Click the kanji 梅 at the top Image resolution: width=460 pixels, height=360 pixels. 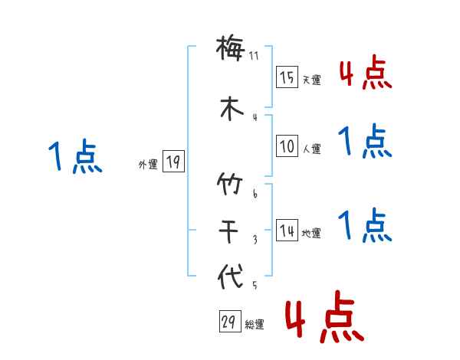point(230,51)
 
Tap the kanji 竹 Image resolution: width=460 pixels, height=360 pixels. point(230,186)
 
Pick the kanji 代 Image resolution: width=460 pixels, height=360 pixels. point(230,277)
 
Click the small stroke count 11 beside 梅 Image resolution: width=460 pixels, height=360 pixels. point(255,57)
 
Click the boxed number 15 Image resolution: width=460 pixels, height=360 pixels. point(287,77)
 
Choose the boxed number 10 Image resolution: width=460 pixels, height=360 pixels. point(287,146)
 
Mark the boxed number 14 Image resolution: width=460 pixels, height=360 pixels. point(287,231)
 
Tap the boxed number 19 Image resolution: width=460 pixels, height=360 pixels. point(172,162)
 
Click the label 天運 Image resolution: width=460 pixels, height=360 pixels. point(310,80)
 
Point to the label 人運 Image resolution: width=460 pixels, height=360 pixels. point(310,149)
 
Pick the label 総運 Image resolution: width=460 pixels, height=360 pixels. point(254,325)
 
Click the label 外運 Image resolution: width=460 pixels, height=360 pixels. point(147,164)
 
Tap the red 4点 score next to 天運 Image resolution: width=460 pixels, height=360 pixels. point(366,74)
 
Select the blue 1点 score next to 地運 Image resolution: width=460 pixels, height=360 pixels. point(365,225)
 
